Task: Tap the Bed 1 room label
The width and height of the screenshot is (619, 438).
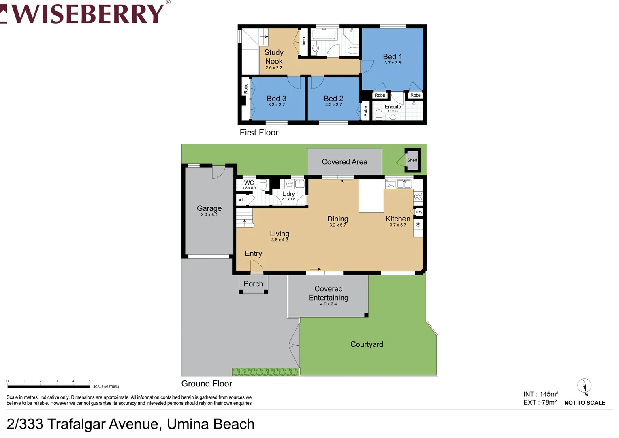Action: [x=392, y=57]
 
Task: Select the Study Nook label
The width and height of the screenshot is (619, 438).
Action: [x=274, y=57]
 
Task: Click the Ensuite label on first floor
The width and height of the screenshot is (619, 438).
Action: [x=393, y=107]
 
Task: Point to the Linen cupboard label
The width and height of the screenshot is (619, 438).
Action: [x=304, y=42]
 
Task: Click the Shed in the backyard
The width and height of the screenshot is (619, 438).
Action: [x=412, y=160]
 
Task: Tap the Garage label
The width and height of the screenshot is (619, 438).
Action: [x=209, y=208]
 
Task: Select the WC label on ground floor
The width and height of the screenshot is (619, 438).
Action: [x=249, y=183]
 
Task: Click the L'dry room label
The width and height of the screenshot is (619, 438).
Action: [x=288, y=194]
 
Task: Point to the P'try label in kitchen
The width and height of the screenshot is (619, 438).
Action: [x=419, y=212]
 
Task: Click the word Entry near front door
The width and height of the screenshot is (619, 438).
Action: [x=253, y=253]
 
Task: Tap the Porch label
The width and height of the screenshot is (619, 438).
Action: [x=253, y=284]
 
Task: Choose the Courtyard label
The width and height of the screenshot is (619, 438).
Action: [x=367, y=344]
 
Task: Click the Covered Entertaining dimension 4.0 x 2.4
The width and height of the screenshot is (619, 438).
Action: [x=328, y=304]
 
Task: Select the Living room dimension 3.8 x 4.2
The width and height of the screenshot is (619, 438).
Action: [x=280, y=240]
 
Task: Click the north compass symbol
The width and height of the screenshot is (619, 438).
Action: [x=584, y=386]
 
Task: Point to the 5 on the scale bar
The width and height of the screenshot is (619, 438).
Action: [x=90, y=381]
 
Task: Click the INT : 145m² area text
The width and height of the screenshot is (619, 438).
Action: [x=541, y=394]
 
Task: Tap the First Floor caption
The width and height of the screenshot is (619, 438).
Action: [x=259, y=133]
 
